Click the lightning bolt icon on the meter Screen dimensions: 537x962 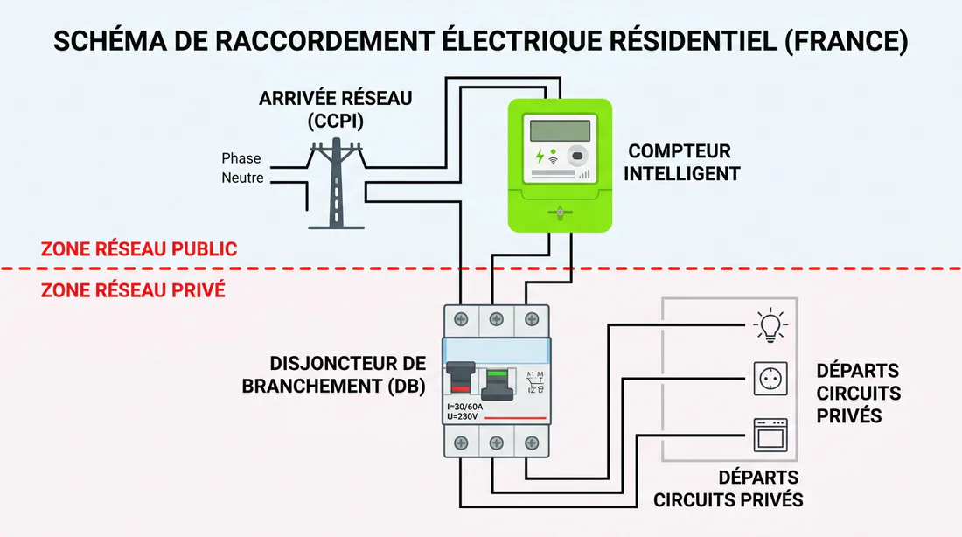coord(540,157)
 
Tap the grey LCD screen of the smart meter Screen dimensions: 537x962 coord(560,130)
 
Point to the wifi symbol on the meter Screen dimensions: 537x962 coord(554,162)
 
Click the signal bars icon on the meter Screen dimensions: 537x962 coord(584,174)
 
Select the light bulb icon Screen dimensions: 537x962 coord(770,324)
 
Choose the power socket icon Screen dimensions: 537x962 coord(770,379)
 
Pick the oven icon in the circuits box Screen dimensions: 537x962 coord(770,434)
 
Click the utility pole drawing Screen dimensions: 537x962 coord(337,184)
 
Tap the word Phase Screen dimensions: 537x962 coord(241,158)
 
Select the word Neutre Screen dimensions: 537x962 coord(242,178)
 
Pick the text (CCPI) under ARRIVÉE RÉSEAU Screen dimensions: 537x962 coord(336,120)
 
